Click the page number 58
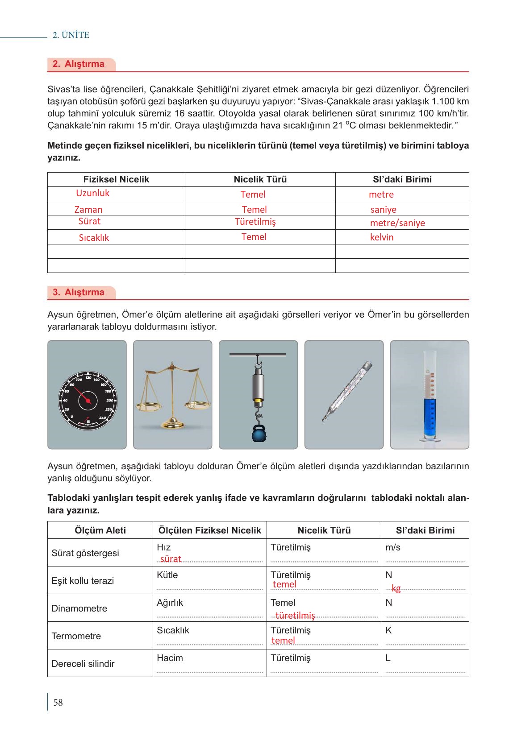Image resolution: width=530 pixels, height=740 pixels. point(58,703)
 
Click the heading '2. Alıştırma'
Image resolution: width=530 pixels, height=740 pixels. point(79,64)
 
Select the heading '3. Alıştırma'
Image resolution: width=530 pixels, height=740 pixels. point(79,292)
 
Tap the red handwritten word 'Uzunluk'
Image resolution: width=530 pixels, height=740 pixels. point(92,193)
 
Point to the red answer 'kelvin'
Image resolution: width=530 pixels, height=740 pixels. point(382,237)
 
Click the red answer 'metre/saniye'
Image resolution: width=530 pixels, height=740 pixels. point(397,223)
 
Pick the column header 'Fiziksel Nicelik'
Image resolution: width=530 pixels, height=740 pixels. point(116,179)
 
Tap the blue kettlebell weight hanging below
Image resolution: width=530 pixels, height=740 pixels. point(259,434)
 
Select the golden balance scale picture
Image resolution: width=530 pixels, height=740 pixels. point(172,395)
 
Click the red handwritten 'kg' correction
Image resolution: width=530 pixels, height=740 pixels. point(396,588)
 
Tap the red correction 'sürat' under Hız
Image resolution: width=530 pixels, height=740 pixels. point(171,559)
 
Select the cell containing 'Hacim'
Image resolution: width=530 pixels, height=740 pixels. point(170,658)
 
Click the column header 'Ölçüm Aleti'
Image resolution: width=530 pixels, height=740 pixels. point(100,530)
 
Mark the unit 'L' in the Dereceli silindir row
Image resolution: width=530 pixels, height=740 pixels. point(388,658)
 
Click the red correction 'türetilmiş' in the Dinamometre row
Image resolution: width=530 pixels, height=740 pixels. point(295,616)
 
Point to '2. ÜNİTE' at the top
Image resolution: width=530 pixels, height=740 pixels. point(71,35)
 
